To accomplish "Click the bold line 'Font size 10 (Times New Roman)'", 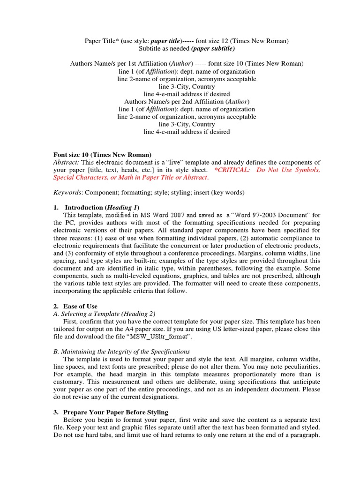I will click(x=102, y=155).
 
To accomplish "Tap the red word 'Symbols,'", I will click(x=307, y=170).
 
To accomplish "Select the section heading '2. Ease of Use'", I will click(x=75, y=307).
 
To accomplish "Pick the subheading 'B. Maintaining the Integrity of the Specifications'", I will click(x=121, y=352).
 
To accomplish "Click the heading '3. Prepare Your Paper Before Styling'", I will click(x=111, y=412).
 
